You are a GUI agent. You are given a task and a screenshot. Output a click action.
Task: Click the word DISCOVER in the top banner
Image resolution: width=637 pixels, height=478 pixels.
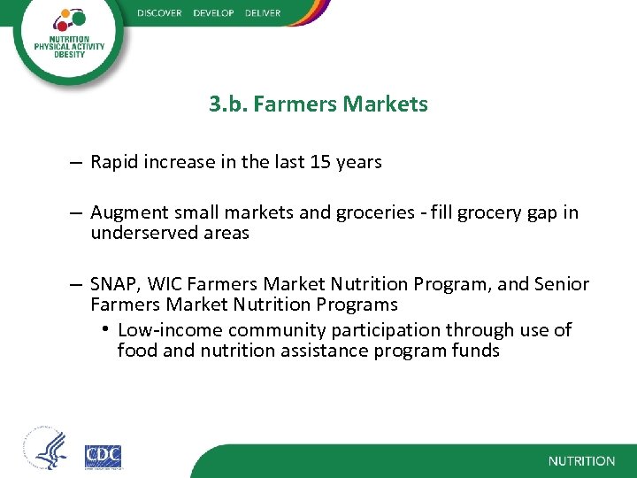point(159,13)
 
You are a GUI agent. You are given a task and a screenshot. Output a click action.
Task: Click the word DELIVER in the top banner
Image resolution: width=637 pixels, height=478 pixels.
point(257,13)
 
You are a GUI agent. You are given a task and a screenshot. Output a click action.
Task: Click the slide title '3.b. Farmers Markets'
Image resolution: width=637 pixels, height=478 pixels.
point(318,104)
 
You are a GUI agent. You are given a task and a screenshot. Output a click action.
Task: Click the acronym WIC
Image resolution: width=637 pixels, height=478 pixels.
point(165,284)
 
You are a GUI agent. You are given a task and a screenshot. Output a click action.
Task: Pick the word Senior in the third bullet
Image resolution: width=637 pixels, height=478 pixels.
point(561,284)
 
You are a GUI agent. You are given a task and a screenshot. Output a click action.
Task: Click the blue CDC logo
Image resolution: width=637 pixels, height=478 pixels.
point(103,456)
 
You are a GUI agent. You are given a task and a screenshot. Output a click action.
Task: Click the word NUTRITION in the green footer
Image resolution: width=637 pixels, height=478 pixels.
point(581,461)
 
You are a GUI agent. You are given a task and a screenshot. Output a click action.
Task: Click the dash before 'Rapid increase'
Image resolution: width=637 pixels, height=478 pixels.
point(78,163)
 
